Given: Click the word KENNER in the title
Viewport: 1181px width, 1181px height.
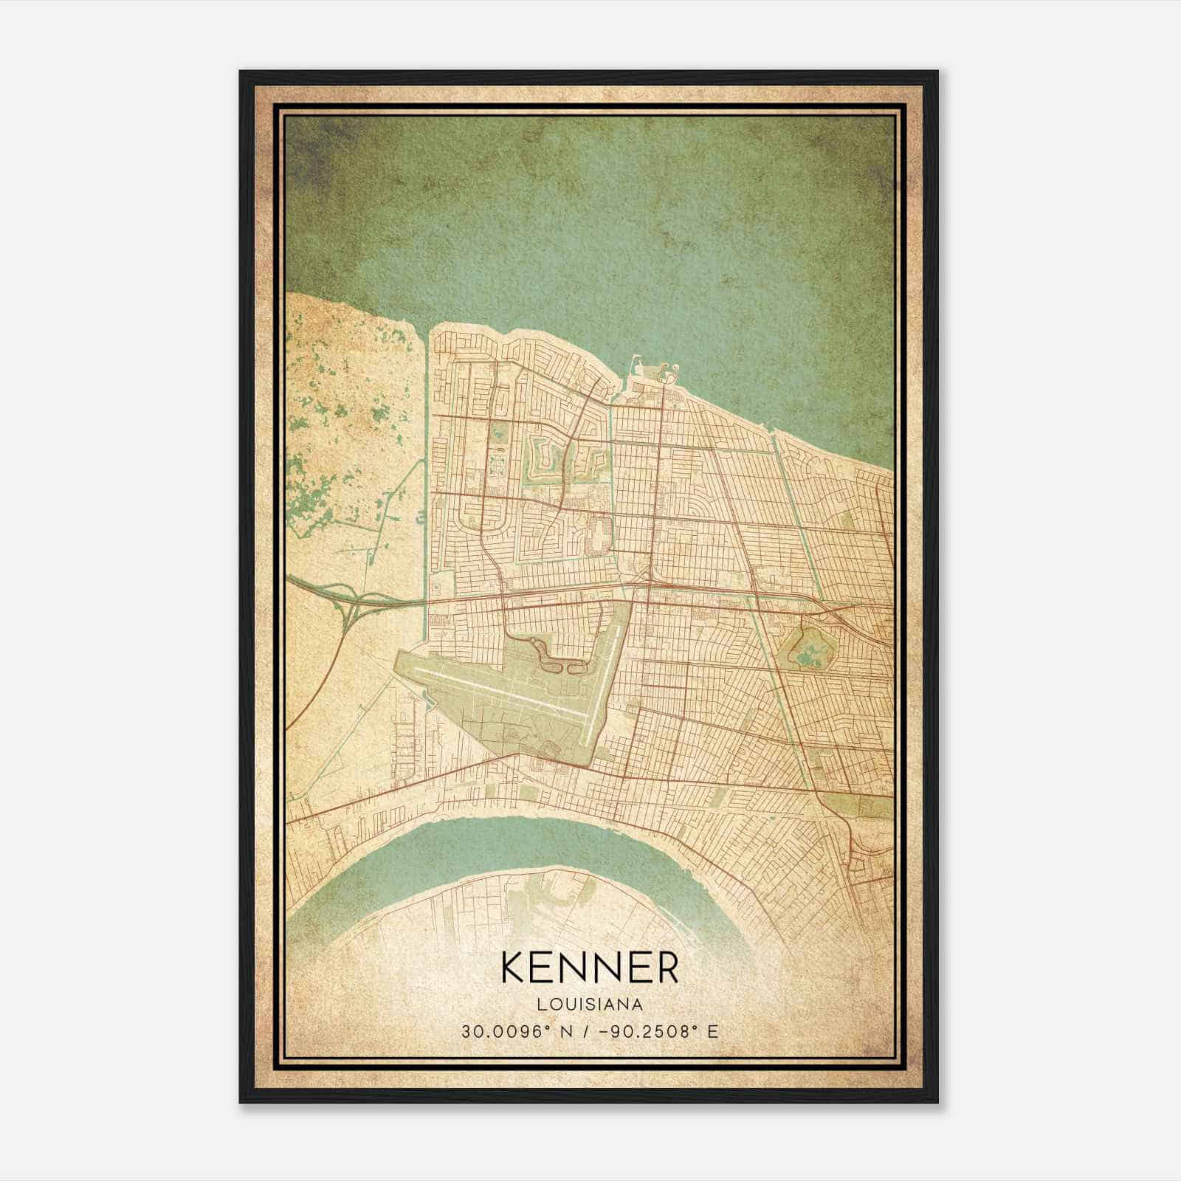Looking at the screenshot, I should [590, 968].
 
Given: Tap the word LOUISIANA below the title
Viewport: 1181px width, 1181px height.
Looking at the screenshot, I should [590, 1005].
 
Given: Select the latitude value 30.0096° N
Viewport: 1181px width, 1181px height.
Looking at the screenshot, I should [511, 1031].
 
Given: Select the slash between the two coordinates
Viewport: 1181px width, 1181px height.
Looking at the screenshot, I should [587, 1031].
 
